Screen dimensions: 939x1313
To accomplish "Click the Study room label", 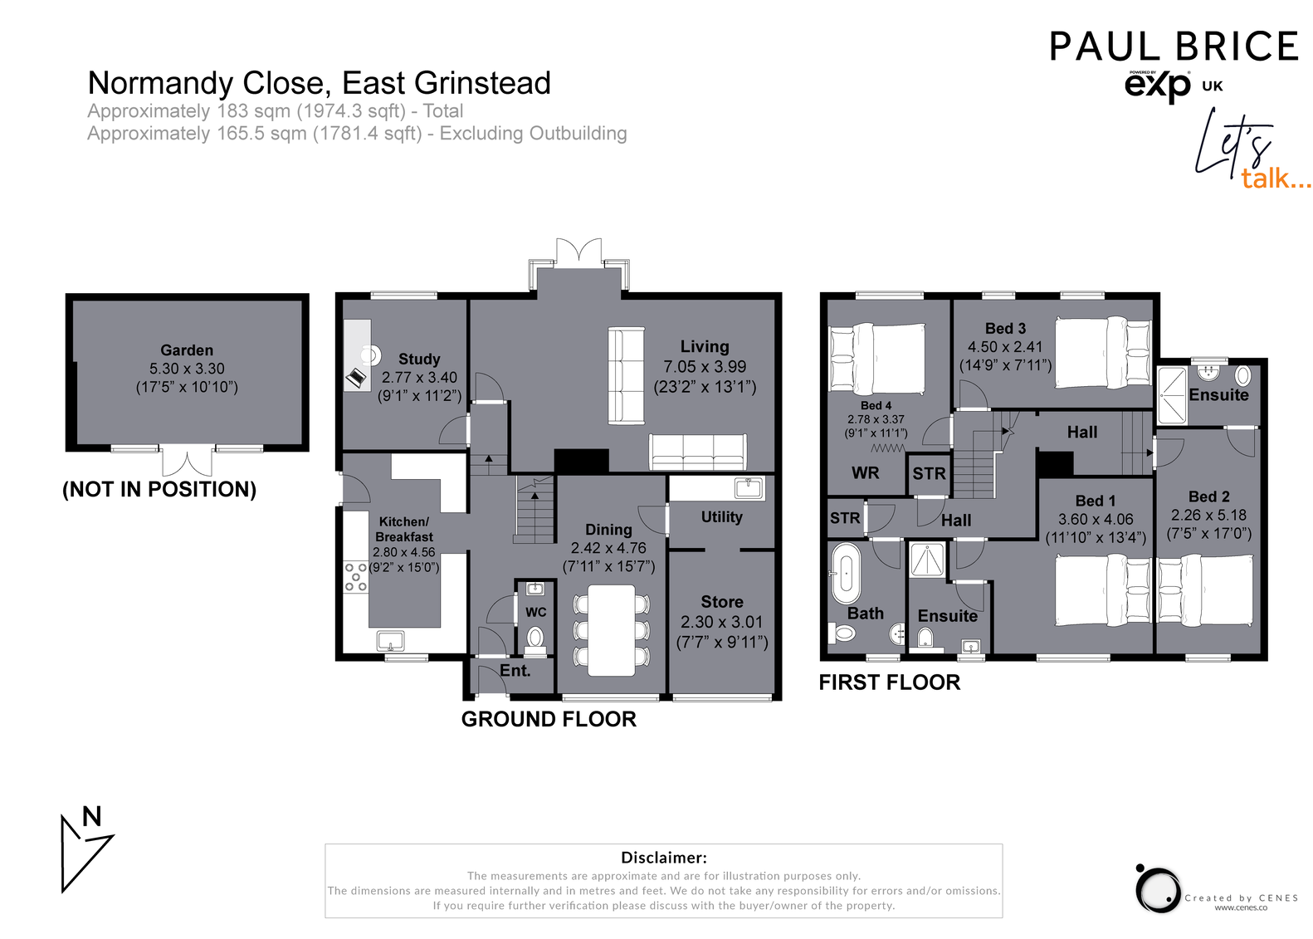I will [419, 359].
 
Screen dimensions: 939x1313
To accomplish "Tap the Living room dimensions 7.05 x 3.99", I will [705, 367].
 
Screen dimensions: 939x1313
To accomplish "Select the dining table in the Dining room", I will [611, 630].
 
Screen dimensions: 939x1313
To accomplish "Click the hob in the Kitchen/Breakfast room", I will [356, 576].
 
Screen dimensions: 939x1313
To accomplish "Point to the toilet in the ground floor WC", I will [535, 638].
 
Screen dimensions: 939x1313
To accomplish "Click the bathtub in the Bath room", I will [846, 574].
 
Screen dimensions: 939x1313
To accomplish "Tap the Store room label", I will [721, 602].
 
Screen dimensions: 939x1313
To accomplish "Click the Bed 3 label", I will [1005, 329].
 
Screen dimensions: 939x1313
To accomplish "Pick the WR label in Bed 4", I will [865, 473].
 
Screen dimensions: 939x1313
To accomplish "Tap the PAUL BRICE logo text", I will [1173, 46].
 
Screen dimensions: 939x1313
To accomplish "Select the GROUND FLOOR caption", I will [549, 720].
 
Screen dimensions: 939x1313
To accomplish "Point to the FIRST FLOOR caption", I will [889, 682].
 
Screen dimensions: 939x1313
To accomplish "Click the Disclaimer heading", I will [663, 858].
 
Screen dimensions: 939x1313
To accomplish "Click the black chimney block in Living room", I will [581, 461].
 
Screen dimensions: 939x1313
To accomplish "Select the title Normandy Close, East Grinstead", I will [319, 84].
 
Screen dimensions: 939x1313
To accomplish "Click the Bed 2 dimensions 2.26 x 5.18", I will [1208, 516].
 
